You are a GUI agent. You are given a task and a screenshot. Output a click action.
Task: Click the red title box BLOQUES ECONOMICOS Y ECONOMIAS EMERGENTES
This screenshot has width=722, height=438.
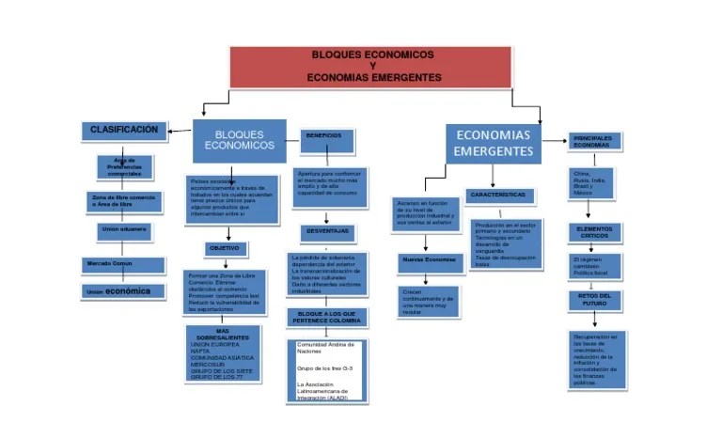point(371,66)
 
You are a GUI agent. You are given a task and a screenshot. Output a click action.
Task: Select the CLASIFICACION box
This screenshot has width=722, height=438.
point(124,130)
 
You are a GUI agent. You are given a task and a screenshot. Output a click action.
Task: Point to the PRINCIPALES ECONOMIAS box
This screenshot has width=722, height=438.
point(592,142)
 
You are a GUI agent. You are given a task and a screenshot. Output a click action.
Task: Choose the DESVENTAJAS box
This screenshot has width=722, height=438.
point(327,231)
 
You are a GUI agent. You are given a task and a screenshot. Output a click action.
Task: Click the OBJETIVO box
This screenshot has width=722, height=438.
point(225,249)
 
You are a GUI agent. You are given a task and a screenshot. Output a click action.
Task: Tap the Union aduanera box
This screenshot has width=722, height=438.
point(123,229)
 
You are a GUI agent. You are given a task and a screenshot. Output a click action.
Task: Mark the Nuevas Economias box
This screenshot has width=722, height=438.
point(429,259)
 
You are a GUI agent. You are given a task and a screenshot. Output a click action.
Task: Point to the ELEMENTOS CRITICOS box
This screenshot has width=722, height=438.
point(594,232)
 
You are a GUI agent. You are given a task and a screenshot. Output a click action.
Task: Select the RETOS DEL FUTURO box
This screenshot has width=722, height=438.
point(594,300)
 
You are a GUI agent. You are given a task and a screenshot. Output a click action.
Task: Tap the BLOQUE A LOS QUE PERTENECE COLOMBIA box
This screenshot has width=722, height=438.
point(325,317)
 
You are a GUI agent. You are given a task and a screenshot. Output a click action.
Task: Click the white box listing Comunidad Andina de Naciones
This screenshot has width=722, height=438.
point(325,371)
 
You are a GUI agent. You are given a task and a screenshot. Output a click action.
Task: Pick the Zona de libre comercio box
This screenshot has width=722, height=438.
point(123,199)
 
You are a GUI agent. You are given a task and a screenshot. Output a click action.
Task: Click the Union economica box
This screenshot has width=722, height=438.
point(118,292)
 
